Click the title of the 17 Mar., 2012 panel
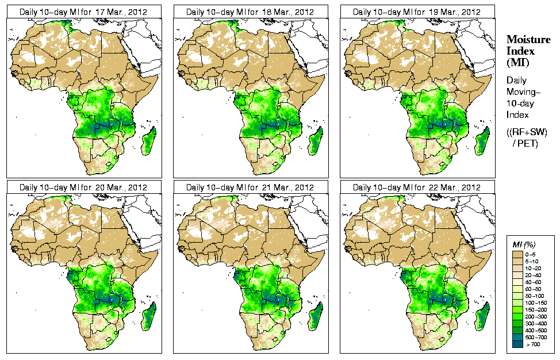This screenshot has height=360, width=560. pyautogui.click(x=83, y=12)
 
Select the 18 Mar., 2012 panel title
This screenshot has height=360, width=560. pyautogui.click(x=250, y=12)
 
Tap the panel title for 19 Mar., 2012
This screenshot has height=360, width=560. pyautogui.click(x=416, y=12)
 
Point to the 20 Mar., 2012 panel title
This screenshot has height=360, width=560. pyautogui.click(x=83, y=187)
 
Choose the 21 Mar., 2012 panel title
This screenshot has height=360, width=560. pyautogui.click(x=250, y=187)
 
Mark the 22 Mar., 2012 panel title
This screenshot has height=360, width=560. pyautogui.click(x=416, y=187)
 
